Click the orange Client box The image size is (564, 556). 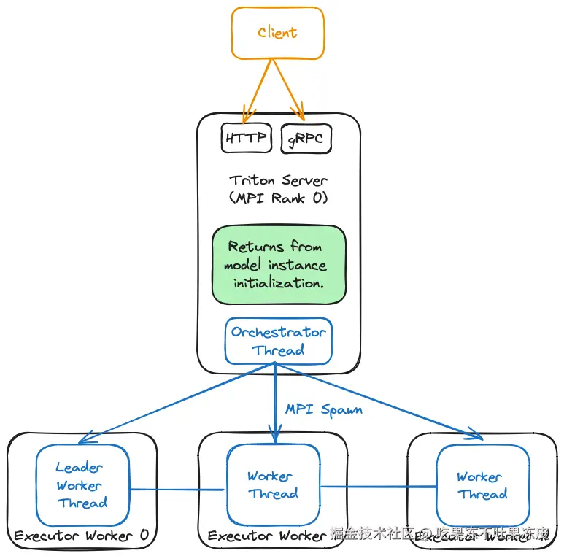point(277,33)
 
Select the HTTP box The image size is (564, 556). point(246,138)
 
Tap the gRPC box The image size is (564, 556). point(306,138)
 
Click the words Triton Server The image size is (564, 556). point(278,180)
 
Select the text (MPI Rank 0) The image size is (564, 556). point(278,198)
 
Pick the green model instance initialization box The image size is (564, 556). point(278,265)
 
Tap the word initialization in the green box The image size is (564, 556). point(279,283)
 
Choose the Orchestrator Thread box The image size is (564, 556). point(278,341)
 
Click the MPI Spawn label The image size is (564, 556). point(323,409)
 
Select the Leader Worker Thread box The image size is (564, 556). point(82,485)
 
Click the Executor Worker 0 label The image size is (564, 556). point(81,536)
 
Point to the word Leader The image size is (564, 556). point(80,468)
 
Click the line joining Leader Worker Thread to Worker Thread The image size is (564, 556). point(175,490)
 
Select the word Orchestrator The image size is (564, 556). point(278,332)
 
